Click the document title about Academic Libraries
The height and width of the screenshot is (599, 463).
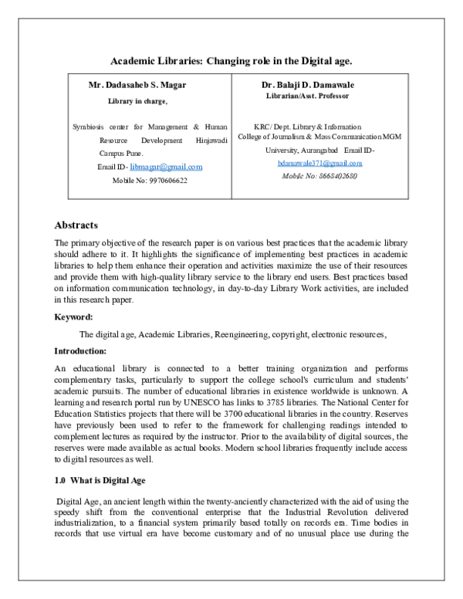click(x=231, y=59)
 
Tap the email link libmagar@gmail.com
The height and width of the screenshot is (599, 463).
click(x=166, y=167)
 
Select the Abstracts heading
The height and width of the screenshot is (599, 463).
click(x=76, y=225)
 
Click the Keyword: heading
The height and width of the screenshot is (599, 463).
click(x=73, y=316)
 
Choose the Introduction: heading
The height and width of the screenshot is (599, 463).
click(x=79, y=350)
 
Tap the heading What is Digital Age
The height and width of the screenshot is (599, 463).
click(x=113, y=480)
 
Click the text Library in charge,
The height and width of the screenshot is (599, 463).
click(x=137, y=100)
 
